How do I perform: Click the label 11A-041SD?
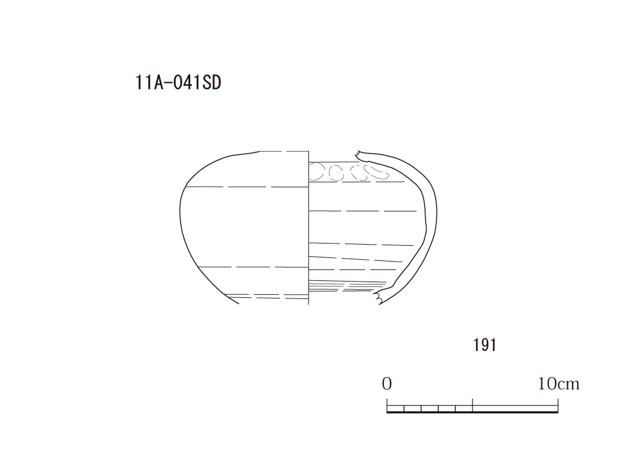tap(178, 83)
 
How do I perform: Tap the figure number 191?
tap(485, 345)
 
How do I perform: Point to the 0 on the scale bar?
tap(387, 384)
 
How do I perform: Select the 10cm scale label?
tap(558, 384)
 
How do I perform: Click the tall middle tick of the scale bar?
tap(473, 405)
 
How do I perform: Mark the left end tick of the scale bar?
tap(387, 405)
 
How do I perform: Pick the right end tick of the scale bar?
tap(558, 405)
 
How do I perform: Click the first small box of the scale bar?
tap(396, 408)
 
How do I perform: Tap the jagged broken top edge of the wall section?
tap(361, 156)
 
